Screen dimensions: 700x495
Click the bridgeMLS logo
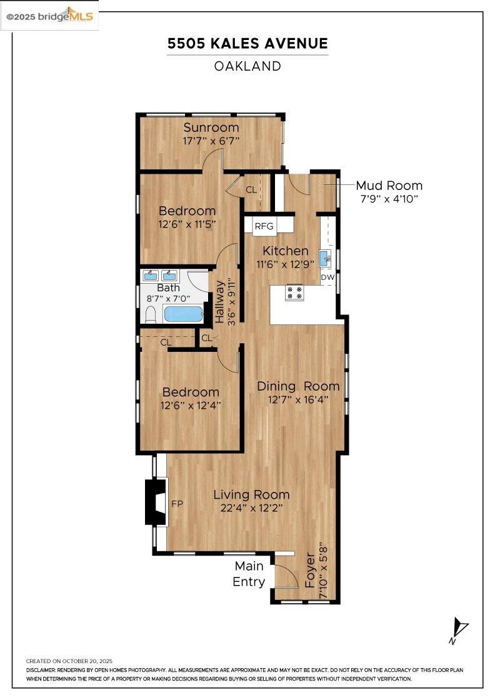tap(49, 16)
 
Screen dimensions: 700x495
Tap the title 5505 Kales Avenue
tap(247, 44)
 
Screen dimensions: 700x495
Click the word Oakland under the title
tap(247, 66)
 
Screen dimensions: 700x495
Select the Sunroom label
tap(211, 128)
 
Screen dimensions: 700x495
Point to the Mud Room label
tap(389, 186)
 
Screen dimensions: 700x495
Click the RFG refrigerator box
tap(264, 226)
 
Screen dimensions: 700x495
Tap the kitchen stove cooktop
tap(294, 292)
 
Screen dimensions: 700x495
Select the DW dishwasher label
tap(327, 277)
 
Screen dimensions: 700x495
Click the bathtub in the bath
tap(183, 314)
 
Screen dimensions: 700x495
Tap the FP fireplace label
tap(177, 502)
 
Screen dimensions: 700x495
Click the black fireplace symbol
tap(155, 502)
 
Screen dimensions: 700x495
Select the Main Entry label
tap(249, 574)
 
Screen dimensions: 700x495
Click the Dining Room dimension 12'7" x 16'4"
tap(298, 399)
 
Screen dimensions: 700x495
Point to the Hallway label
tap(220, 301)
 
